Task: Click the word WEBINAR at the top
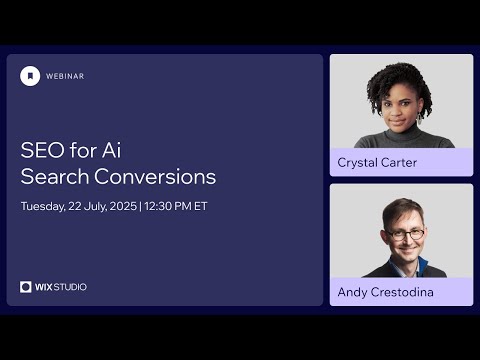65,76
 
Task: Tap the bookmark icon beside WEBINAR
30,76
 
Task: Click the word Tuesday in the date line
43,207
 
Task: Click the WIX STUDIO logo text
61,287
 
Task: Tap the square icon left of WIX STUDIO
26,287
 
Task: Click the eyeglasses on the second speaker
405,233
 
